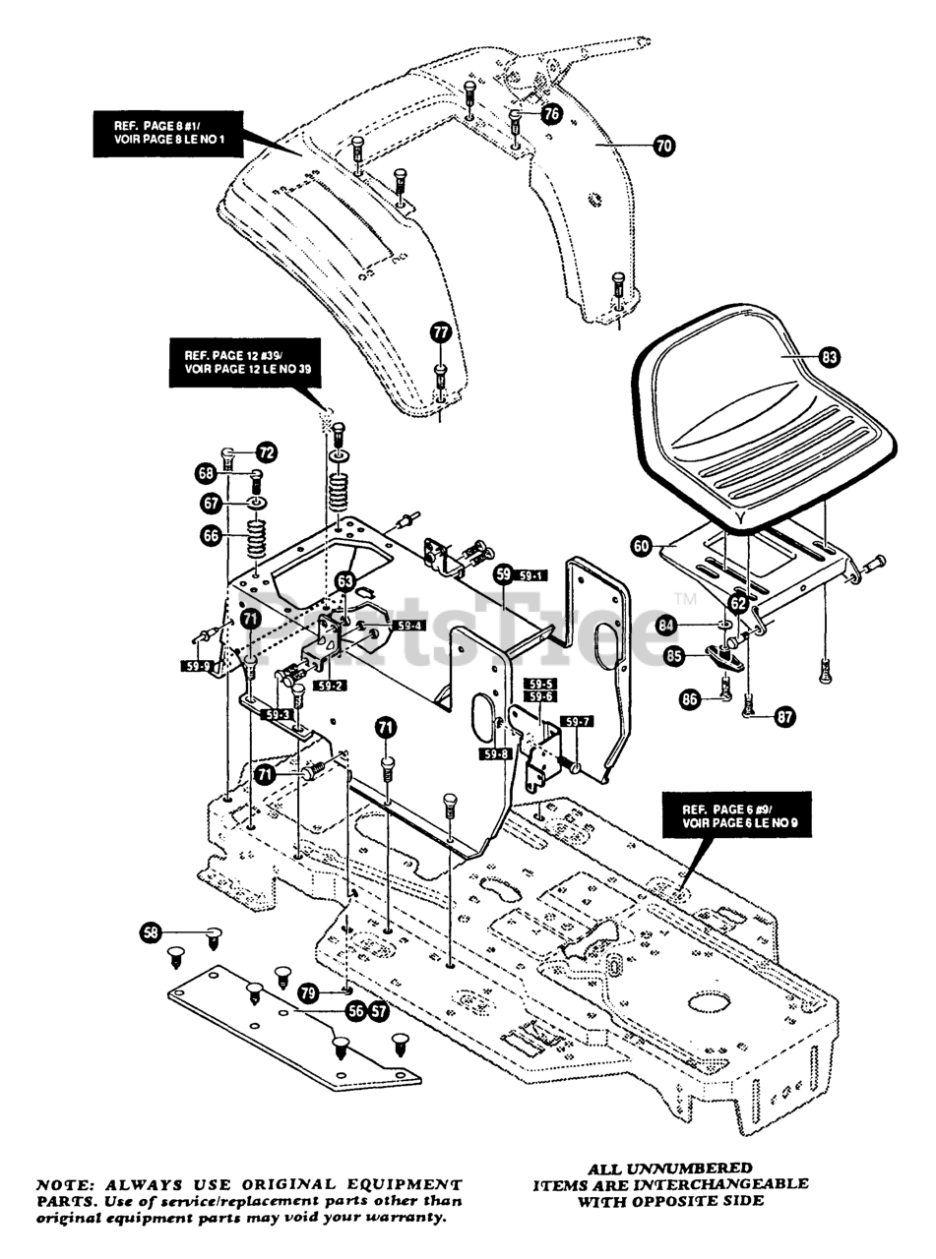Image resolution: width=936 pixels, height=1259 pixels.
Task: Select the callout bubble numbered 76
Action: [551, 114]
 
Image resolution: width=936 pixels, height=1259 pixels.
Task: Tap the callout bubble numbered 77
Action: [440, 332]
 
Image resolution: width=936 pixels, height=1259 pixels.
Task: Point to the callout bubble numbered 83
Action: [829, 358]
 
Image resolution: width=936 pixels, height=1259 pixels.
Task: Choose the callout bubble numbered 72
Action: [267, 452]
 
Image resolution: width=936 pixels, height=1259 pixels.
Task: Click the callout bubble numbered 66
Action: [211, 536]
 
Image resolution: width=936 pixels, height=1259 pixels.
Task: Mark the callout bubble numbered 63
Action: [343, 582]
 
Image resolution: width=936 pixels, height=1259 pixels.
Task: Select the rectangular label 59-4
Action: [407, 626]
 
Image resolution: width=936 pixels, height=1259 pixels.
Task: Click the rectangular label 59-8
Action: [495, 754]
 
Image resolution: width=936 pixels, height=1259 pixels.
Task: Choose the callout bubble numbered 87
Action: [784, 717]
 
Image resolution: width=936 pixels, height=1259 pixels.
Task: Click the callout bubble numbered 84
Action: [693, 625]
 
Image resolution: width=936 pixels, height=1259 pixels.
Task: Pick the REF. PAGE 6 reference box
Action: [745, 818]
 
